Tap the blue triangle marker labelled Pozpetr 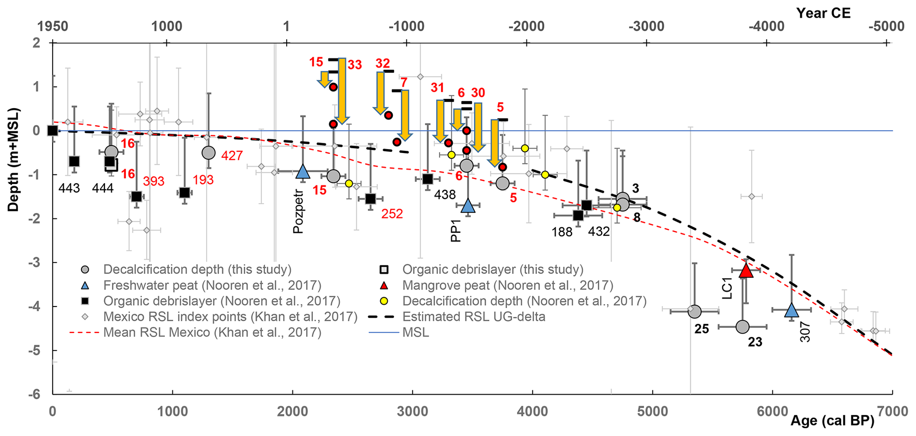tap(303, 171)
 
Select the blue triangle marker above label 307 tap(791, 310)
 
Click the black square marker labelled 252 tap(370, 198)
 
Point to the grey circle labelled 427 tap(208, 153)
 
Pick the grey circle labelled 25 tap(694, 311)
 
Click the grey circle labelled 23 tap(742, 327)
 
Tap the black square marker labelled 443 tap(74, 161)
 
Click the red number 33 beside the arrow tap(355, 65)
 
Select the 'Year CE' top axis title tap(823, 13)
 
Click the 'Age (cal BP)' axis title tap(832, 420)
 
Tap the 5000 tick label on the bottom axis tap(653, 411)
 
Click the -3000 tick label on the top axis tap(647, 26)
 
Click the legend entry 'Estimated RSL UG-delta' tap(473, 317)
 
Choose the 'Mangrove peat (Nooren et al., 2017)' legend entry tap(507, 285)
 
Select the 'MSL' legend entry tap(415, 332)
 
